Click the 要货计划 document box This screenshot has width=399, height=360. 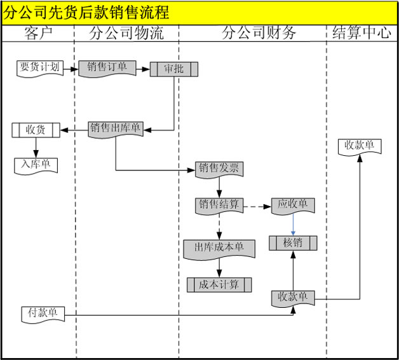click(x=40, y=67)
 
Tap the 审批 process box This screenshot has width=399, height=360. click(x=173, y=68)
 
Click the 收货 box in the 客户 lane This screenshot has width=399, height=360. click(x=36, y=130)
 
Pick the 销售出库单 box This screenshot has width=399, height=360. click(x=115, y=128)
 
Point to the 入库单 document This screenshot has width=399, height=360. click(x=36, y=165)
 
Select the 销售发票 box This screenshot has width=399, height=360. click(x=219, y=169)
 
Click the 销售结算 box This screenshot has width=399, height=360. click(x=219, y=205)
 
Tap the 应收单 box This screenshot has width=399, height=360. click(x=293, y=205)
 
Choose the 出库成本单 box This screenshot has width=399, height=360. click(x=219, y=247)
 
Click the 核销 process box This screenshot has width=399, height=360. click(x=292, y=242)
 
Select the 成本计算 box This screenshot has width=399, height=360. click(x=219, y=284)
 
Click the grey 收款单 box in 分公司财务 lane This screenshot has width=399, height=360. click(x=292, y=297)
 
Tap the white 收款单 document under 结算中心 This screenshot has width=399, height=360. click(x=359, y=146)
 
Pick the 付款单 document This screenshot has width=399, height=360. click(x=43, y=313)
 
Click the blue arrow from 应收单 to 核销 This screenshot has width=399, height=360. click(x=293, y=225)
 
